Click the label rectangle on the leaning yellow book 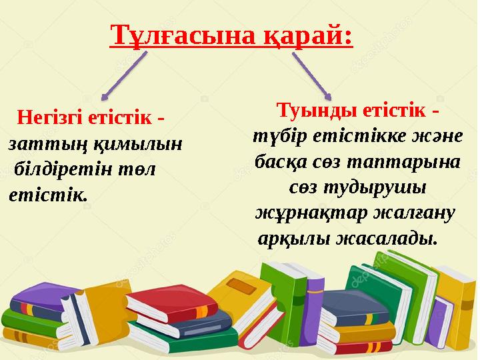pos(237,287)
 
